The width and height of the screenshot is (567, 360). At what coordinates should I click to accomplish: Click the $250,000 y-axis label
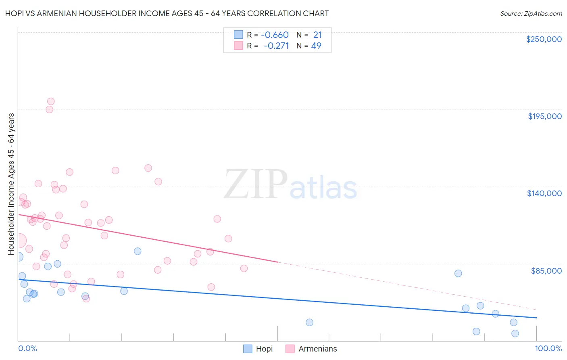544,39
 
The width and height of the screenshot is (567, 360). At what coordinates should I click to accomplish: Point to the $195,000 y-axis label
544,116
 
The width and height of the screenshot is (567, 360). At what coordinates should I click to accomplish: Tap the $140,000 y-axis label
544,193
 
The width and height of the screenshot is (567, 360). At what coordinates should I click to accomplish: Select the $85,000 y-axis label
546,270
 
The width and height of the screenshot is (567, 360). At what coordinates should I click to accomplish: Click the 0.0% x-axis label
27,348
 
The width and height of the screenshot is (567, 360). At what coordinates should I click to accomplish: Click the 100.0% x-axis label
548,348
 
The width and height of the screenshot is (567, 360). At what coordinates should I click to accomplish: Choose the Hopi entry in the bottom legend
264,349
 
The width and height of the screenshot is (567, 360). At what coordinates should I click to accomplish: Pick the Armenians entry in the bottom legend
317,349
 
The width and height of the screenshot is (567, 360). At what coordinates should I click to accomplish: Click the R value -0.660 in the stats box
275,35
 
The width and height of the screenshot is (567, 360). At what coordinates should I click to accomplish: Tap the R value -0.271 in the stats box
276,46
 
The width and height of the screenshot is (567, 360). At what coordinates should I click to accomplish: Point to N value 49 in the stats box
316,46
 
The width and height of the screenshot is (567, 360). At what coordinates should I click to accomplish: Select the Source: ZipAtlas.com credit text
531,14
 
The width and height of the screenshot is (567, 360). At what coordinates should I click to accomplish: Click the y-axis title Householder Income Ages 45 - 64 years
11,184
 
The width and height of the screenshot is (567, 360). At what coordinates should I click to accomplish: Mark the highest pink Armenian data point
51,102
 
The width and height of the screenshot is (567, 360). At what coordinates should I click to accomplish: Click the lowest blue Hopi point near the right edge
515,333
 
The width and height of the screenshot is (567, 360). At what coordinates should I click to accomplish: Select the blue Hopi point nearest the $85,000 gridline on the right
458,273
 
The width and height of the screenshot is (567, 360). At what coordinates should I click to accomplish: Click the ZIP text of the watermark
255,184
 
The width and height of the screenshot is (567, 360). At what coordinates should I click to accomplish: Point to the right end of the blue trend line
536,318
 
